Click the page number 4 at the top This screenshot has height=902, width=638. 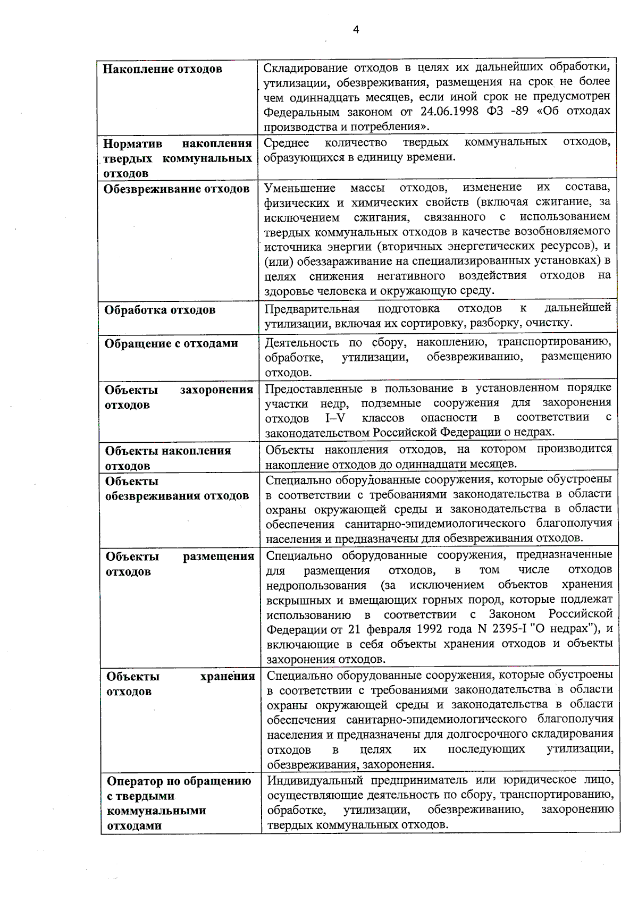tap(356, 30)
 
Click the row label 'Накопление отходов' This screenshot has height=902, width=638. tap(162, 69)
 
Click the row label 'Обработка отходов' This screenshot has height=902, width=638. tap(159, 310)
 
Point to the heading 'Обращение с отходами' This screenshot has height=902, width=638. tap(171, 344)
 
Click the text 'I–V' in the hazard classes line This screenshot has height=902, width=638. tap(335, 417)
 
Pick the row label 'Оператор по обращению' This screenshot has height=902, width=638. tap(179, 782)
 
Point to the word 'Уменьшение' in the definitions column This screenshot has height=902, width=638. tap(300, 188)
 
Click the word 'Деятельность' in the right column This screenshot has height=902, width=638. tap(301, 342)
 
